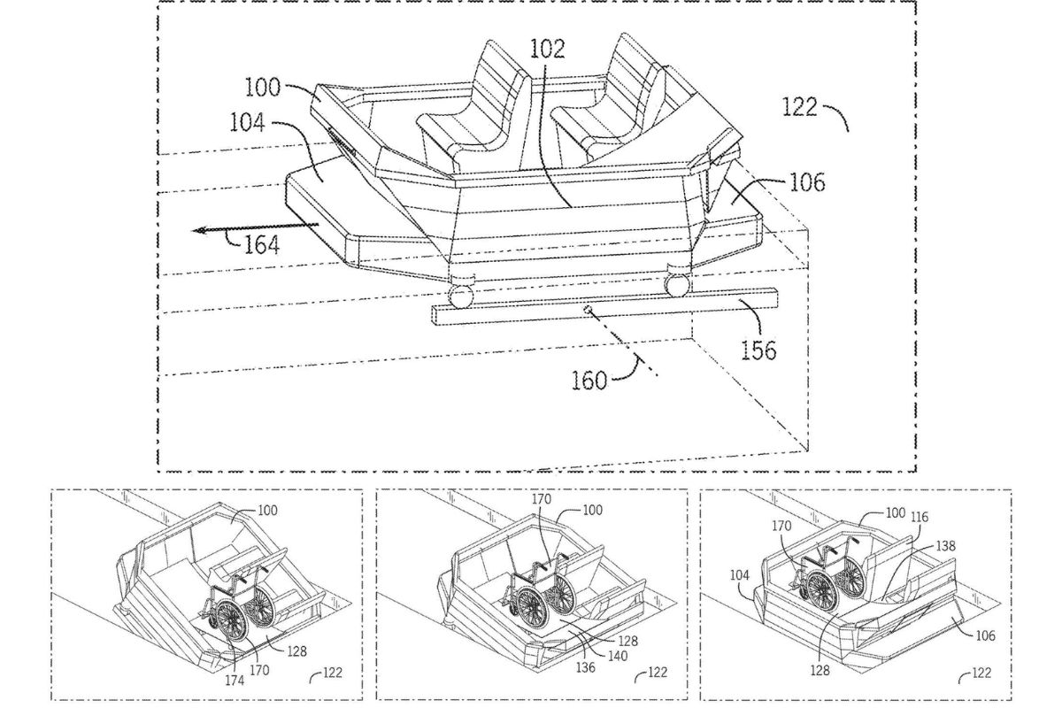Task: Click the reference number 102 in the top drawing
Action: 547,49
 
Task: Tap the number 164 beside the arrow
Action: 261,244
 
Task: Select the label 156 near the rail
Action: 758,350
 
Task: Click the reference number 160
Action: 589,381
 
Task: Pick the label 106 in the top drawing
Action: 807,182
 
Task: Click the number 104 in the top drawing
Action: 248,122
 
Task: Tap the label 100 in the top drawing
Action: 263,88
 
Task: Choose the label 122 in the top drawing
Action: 800,107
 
